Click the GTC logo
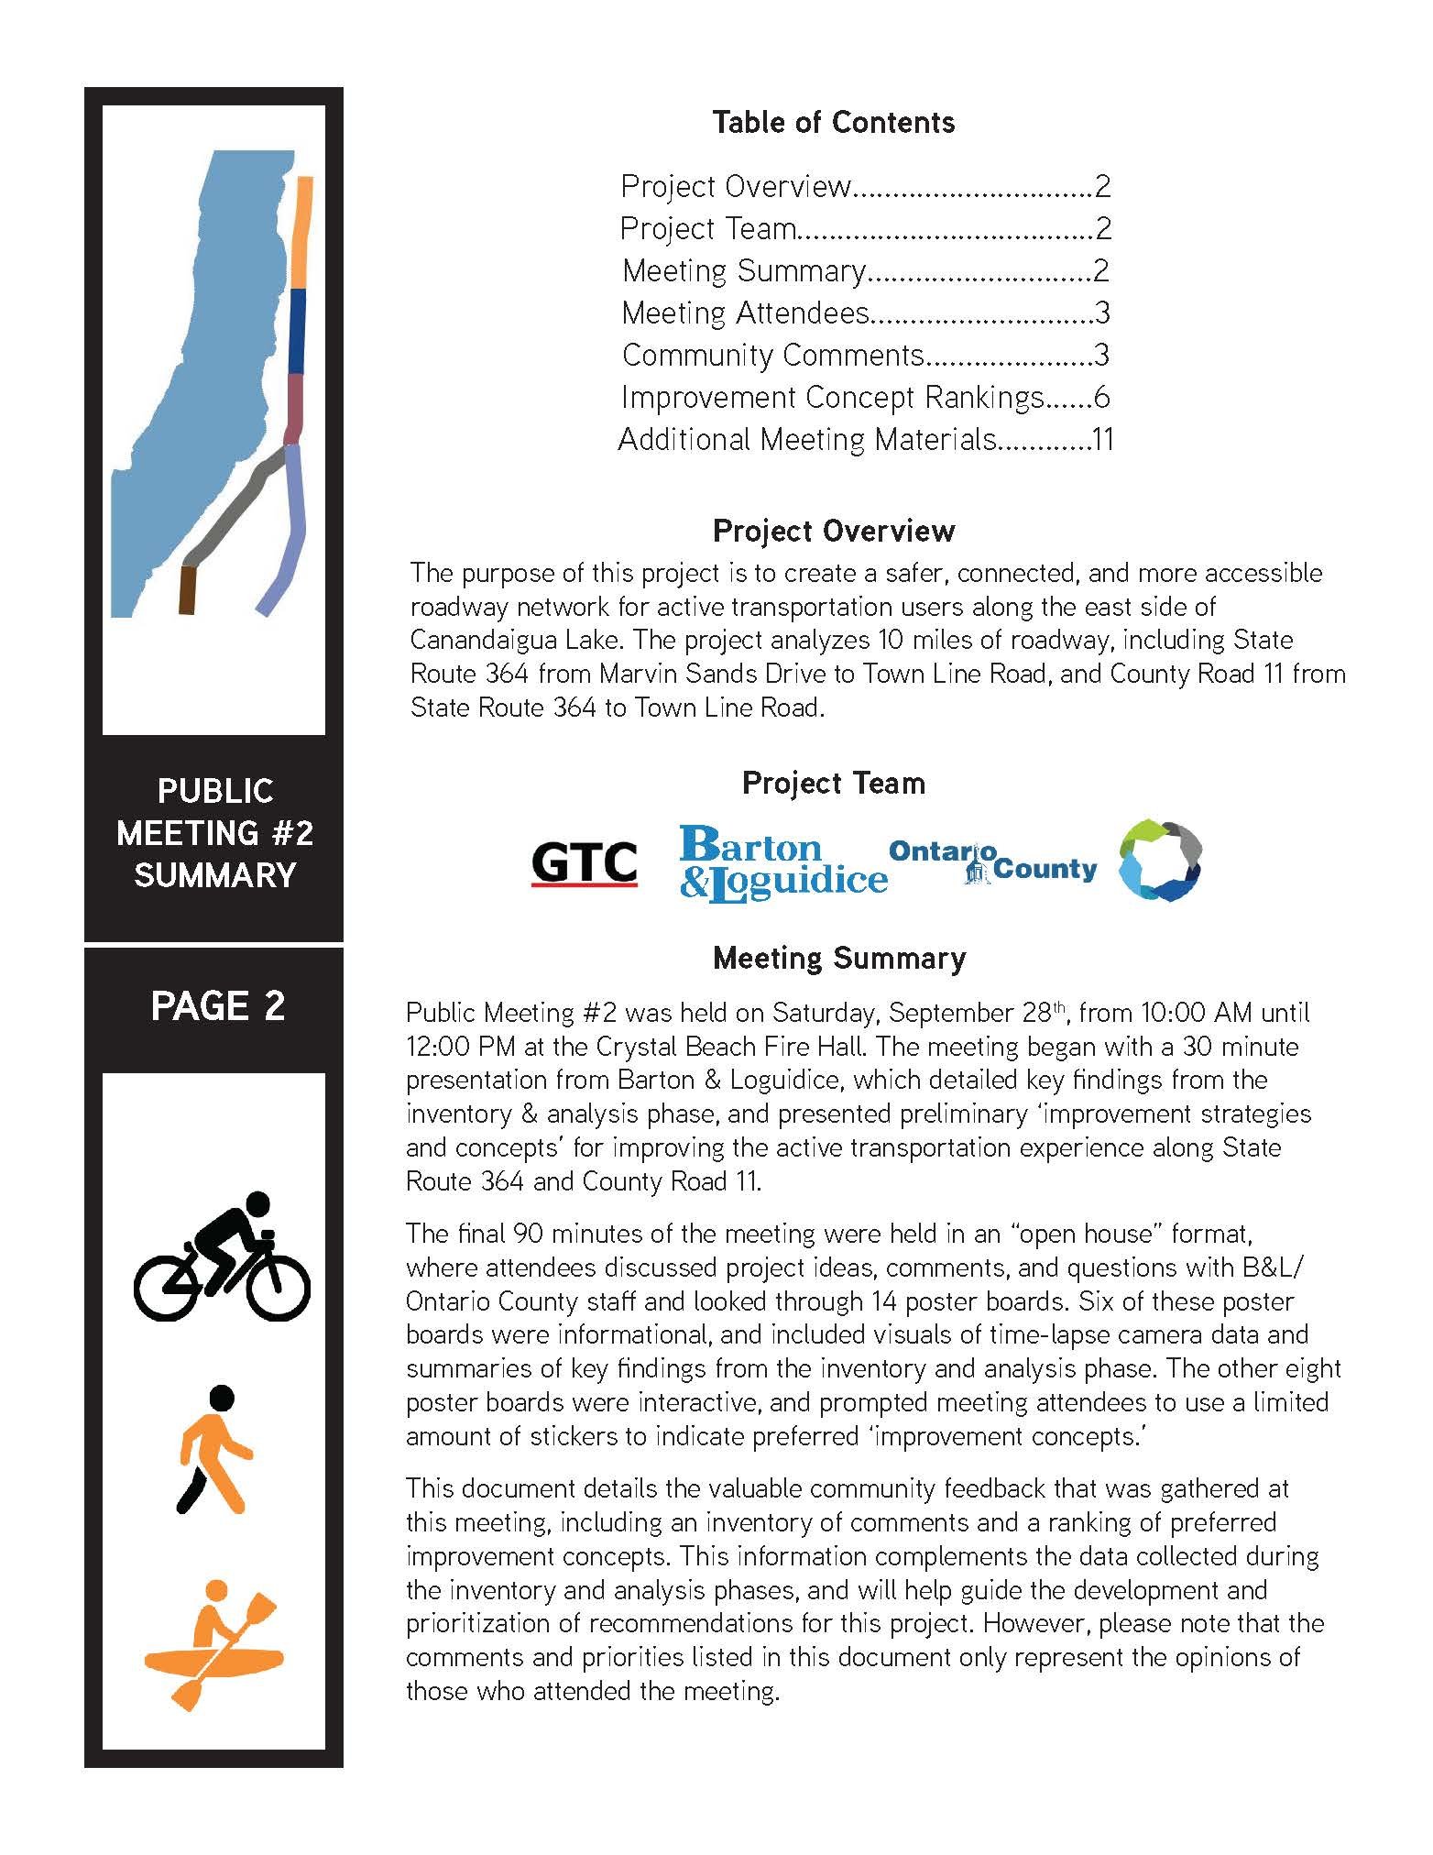coord(584,863)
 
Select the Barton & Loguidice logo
coord(782,863)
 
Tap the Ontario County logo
coord(992,862)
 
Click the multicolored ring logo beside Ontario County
coord(1160,861)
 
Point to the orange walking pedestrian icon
coord(213,1449)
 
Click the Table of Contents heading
coord(833,122)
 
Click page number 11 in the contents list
coord(1102,439)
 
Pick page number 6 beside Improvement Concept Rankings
coord(1101,397)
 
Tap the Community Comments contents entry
coord(772,355)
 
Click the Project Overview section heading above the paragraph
coord(833,531)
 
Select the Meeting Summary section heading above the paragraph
coord(838,958)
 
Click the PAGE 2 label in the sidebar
coord(217,1005)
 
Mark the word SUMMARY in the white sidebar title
coord(214,874)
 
